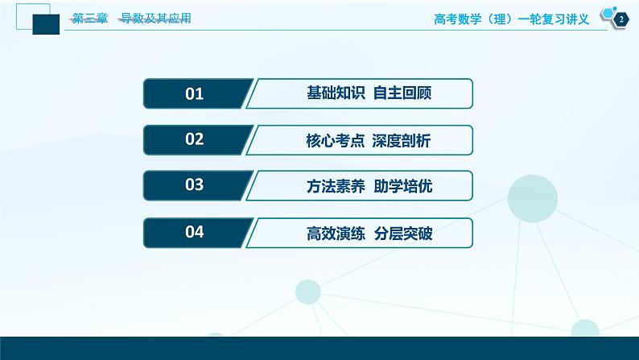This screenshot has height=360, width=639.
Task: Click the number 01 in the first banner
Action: click(x=195, y=94)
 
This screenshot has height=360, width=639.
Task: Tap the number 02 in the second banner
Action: click(x=195, y=140)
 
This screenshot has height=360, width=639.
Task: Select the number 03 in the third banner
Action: click(x=195, y=186)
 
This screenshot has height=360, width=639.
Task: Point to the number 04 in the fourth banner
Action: click(x=195, y=233)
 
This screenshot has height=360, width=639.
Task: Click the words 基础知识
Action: click(x=329, y=94)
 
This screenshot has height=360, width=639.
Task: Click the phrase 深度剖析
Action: click(x=402, y=141)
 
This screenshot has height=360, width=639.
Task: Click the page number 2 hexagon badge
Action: click(x=620, y=20)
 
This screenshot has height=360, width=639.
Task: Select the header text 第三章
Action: click(x=89, y=19)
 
